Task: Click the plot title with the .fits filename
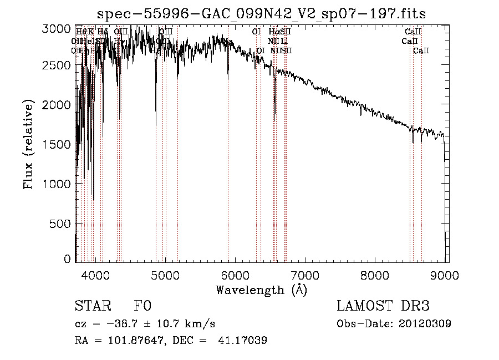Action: pos(261,13)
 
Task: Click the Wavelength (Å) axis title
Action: pos(261,290)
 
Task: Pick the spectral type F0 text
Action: pos(142,306)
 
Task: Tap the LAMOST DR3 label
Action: pos(383,306)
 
